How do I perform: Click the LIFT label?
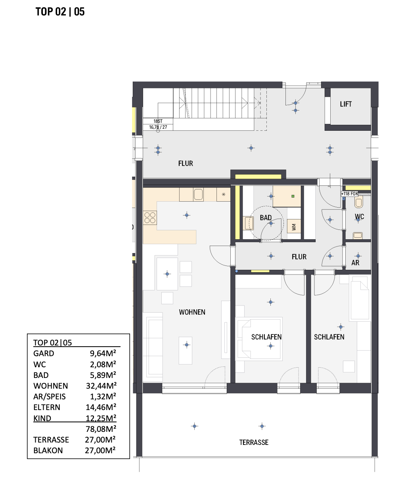tap(346, 104)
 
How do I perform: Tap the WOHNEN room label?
tap(192, 312)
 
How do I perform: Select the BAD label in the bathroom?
tap(266, 218)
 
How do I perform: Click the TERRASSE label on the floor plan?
tap(254, 443)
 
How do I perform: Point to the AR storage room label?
tap(355, 263)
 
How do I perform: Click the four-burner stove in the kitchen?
tap(150, 218)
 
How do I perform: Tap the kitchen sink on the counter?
tap(198, 195)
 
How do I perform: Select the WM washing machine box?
tap(294, 226)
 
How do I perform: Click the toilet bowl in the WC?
tap(358, 202)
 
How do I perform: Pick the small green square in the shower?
tap(293, 196)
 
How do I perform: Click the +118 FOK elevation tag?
tap(350, 194)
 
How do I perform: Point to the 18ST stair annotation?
tap(158, 121)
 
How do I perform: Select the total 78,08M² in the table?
tap(101, 429)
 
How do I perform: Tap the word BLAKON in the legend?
tap(48, 450)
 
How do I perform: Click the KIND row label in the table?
tap(42, 418)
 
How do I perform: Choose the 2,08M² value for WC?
tap(103, 364)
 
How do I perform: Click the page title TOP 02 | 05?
tap(60, 11)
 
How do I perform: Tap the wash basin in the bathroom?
tap(249, 223)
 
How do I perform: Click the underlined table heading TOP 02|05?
tap(53, 343)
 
